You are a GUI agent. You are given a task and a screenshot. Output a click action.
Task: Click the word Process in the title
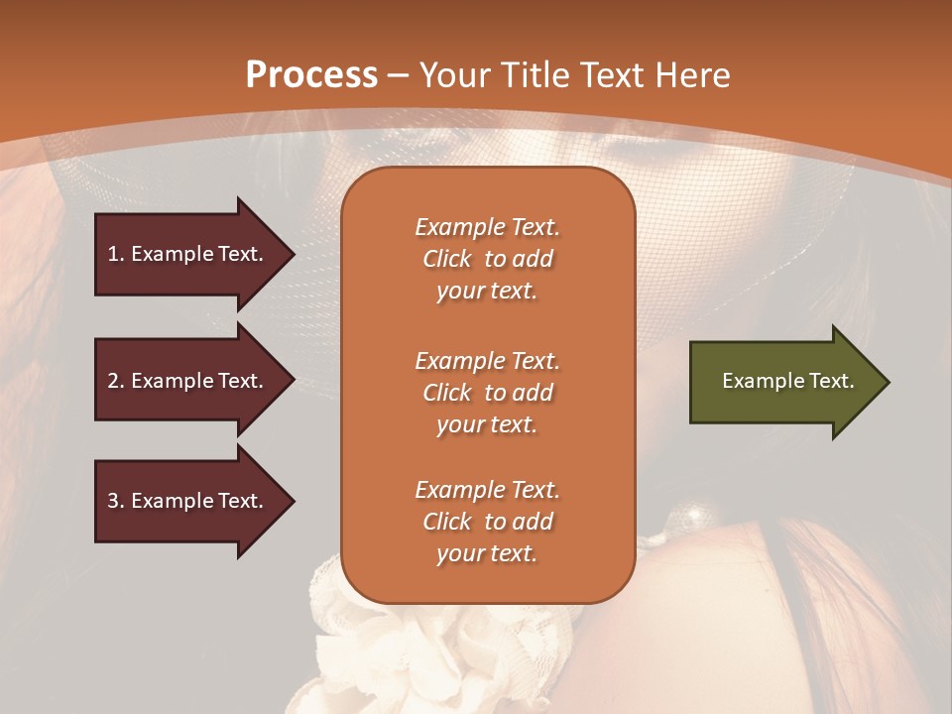(311, 75)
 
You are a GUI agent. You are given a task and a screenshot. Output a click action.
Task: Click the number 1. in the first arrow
(116, 254)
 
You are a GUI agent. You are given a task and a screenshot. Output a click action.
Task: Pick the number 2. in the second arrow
(116, 381)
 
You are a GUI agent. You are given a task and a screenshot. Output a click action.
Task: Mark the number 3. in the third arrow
(116, 501)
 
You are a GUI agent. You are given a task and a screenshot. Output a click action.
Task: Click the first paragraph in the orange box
(487, 259)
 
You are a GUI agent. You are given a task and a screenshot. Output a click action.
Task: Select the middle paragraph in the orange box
(487, 393)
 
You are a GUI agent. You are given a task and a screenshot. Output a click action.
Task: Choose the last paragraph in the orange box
(487, 522)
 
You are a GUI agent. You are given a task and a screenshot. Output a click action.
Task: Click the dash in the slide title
(399, 76)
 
